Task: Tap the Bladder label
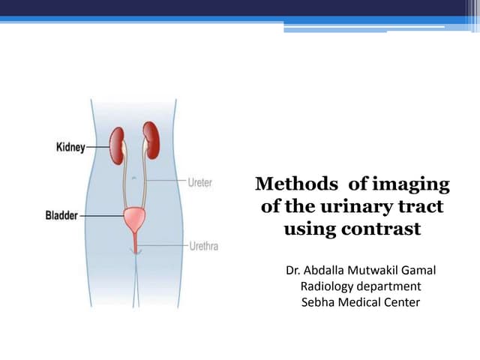point(61,214)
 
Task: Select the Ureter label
point(199,182)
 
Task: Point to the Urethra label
point(202,245)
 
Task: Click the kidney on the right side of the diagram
point(153,142)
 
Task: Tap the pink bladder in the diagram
point(136,220)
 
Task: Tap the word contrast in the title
point(383,229)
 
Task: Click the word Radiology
point(327,286)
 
